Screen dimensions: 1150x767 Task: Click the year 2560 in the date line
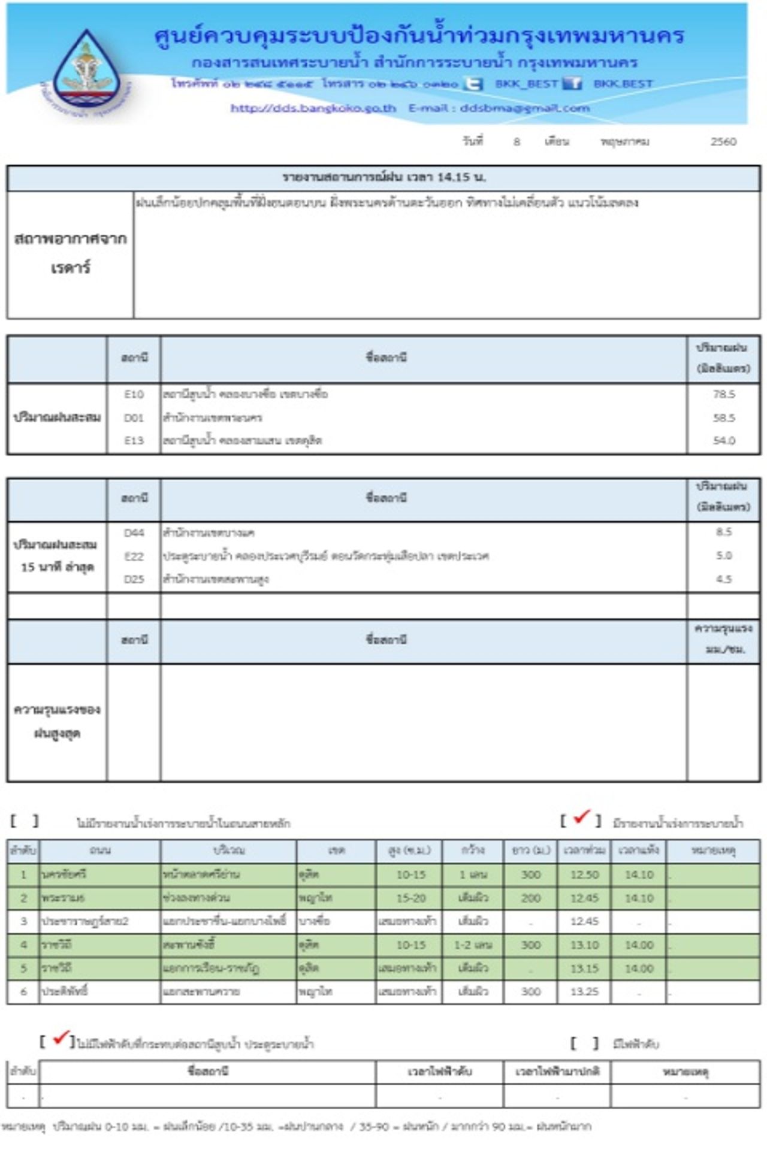click(x=723, y=141)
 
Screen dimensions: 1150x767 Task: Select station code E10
click(x=134, y=394)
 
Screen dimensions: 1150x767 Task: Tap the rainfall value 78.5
click(x=724, y=394)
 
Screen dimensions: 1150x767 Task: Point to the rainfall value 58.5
click(x=724, y=417)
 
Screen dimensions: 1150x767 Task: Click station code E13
click(x=134, y=440)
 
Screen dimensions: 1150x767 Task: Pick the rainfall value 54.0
click(x=724, y=440)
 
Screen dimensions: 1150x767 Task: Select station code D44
click(x=134, y=532)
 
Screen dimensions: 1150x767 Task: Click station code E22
click(x=134, y=556)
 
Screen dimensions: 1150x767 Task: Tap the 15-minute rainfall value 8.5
click(x=724, y=532)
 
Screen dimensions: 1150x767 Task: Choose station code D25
click(x=134, y=579)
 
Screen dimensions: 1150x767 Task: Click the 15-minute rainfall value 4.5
click(x=724, y=579)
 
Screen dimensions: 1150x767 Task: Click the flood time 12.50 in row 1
click(x=584, y=874)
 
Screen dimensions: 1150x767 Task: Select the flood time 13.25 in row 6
click(x=584, y=991)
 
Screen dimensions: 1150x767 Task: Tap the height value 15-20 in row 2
click(x=410, y=898)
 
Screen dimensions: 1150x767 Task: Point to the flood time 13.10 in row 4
click(x=584, y=945)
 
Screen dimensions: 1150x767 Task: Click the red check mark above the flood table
click(x=581, y=818)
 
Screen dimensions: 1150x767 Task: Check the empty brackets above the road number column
click(x=25, y=821)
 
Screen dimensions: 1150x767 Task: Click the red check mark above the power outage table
click(x=60, y=1039)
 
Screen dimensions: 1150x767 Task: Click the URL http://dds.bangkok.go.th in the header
click(x=313, y=108)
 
